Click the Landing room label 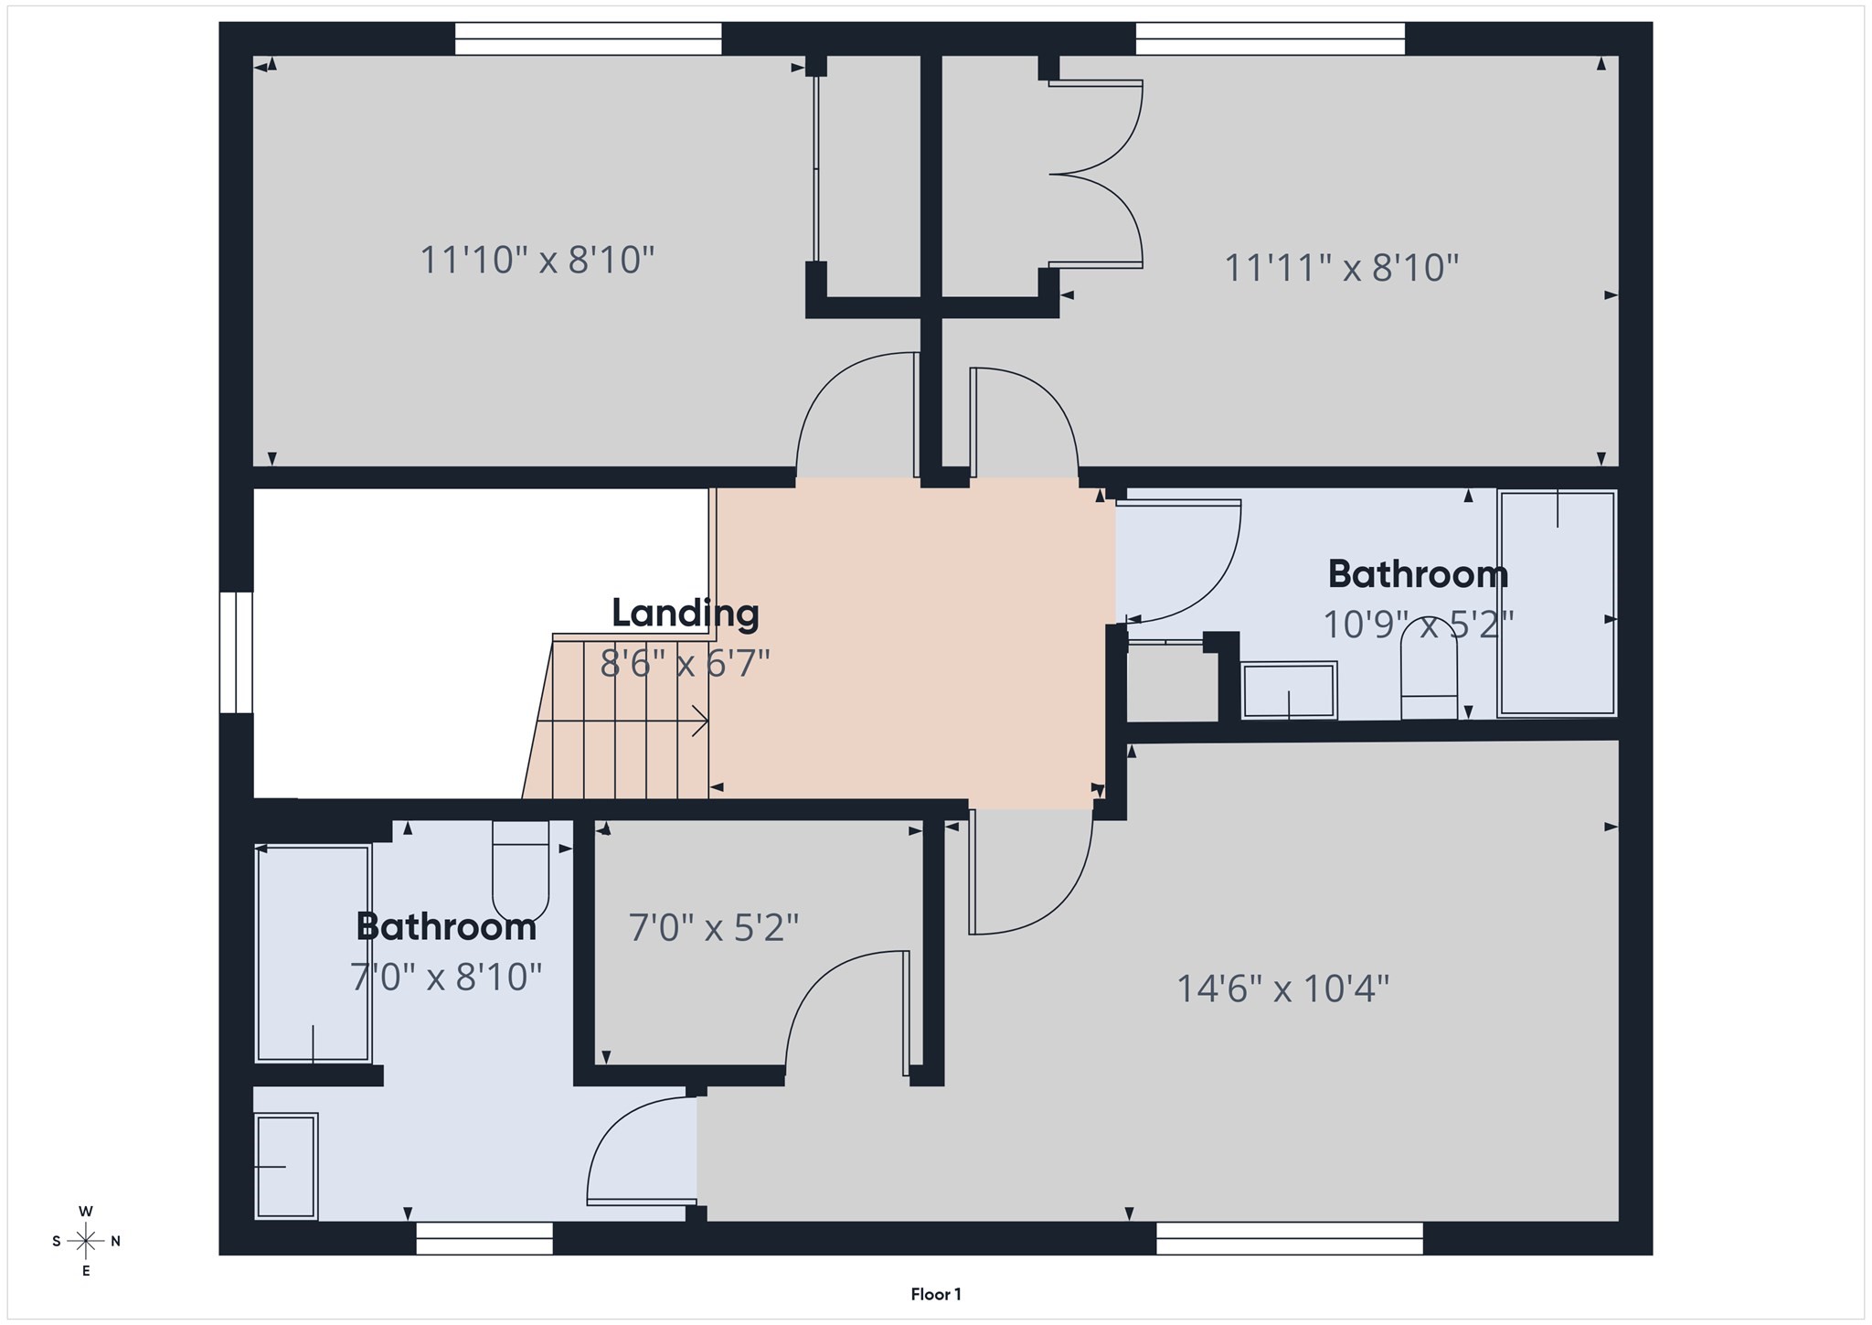click(685, 613)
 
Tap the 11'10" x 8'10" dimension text click(537, 261)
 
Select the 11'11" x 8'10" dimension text click(1341, 269)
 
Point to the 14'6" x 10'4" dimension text click(1282, 989)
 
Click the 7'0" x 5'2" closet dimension click(713, 928)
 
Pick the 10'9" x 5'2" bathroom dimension click(1418, 625)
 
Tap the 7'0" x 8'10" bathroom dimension click(446, 977)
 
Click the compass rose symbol click(86, 1241)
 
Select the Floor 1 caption click(935, 1294)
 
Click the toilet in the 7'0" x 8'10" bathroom click(520, 870)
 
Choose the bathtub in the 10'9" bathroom click(1557, 604)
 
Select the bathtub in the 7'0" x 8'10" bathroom click(313, 954)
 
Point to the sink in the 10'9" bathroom click(1289, 690)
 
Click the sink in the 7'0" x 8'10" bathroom click(286, 1166)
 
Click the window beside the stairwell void click(236, 652)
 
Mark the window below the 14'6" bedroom click(1289, 1239)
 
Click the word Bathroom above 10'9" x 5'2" click(1418, 574)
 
